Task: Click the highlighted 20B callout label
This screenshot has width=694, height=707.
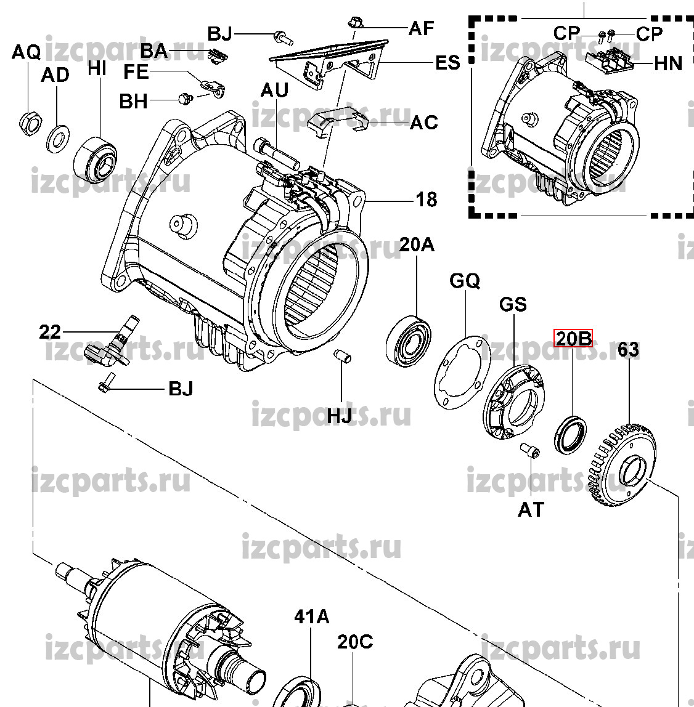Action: pos(574,338)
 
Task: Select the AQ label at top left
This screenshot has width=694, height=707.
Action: pos(27,53)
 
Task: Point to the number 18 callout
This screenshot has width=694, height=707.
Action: pos(427,200)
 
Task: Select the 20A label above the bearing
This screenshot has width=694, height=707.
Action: pos(416,245)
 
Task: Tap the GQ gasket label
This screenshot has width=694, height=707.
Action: pos(464,281)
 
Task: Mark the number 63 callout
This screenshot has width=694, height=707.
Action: pos(628,350)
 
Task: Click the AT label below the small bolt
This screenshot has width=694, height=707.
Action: pos(531,509)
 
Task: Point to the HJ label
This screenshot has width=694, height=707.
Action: pos(339,416)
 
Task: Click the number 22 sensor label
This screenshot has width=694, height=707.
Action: pos(50,333)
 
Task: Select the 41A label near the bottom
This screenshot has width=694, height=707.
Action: pos(312,616)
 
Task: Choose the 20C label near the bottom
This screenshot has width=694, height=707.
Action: pos(354,642)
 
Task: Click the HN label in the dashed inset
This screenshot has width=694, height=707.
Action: pos(667,62)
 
